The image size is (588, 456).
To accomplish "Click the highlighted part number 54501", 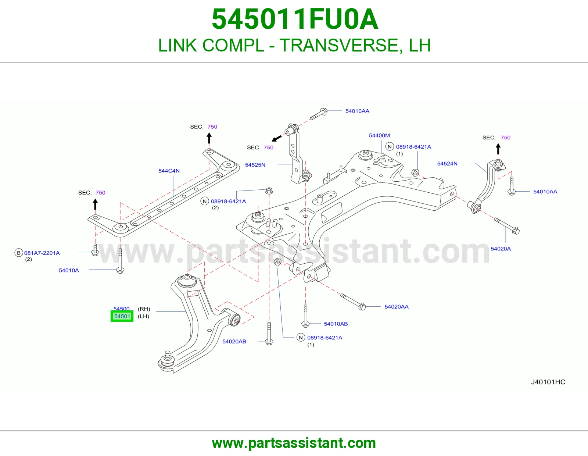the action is (122, 316).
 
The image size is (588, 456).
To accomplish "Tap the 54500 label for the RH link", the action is (122, 309).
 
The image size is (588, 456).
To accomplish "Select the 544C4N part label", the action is (169, 171).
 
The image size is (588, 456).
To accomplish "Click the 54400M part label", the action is (379, 135).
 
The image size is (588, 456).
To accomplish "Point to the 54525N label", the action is (255, 165).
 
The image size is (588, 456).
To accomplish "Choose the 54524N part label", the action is (447, 164).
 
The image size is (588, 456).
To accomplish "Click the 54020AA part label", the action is (397, 307).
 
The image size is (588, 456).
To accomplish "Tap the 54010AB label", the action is (336, 324).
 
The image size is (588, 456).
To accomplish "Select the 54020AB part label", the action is (234, 342).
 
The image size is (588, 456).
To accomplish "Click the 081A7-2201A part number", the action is (42, 253).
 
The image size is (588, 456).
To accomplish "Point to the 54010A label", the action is (69, 270).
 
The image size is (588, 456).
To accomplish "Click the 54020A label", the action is (501, 249).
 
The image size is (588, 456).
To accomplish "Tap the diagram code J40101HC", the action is (548, 382).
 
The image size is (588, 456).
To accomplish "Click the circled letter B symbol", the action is (18, 253).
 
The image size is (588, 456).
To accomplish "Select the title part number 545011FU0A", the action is (295, 19).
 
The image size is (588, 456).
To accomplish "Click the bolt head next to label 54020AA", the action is (362, 307).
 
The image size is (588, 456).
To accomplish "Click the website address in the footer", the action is (294, 443).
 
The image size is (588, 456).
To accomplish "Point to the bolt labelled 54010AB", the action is (305, 316).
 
